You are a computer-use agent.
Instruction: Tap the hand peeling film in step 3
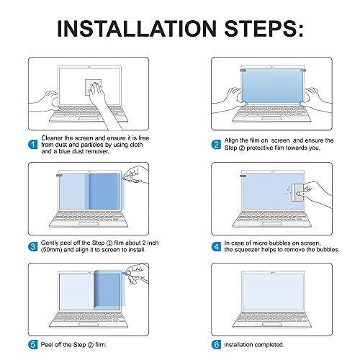(x=132, y=176)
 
